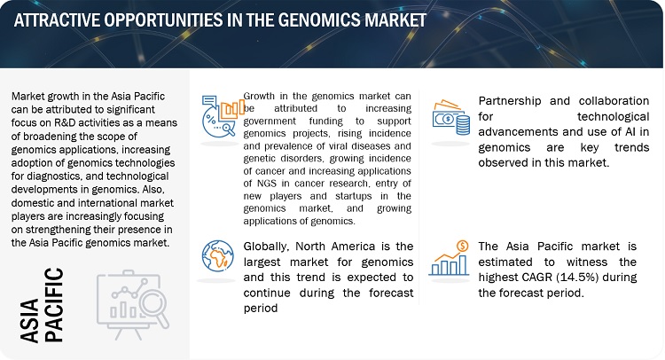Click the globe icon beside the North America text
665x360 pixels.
point(217,255)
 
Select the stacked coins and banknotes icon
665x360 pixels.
point(451,117)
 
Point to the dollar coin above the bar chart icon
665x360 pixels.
point(462,246)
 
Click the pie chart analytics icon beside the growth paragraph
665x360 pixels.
point(223,116)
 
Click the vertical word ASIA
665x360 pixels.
point(29,320)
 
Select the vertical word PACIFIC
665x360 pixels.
point(54,305)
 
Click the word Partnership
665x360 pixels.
point(510,101)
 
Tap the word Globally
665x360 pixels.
point(267,247)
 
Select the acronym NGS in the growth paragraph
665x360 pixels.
point(266,184)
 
